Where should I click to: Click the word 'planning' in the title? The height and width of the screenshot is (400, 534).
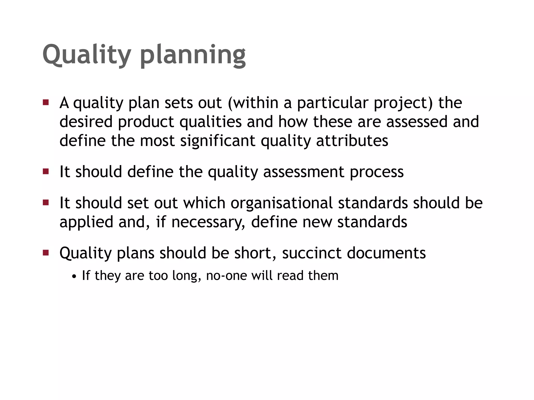point(193,55)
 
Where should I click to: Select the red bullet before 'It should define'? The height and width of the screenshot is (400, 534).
point(46,171)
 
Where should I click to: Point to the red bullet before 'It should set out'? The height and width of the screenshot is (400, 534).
point(46,202)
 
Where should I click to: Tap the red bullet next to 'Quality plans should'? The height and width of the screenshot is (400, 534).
point(46,252)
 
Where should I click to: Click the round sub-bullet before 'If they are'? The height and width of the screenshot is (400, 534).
point(75,276)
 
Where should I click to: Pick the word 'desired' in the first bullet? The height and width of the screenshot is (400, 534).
point(86,122)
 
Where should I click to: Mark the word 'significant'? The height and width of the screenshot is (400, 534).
point(218,141)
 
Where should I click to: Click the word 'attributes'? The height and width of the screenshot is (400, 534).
point(352,141)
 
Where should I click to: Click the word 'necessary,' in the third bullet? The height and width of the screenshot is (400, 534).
point(208,222)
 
